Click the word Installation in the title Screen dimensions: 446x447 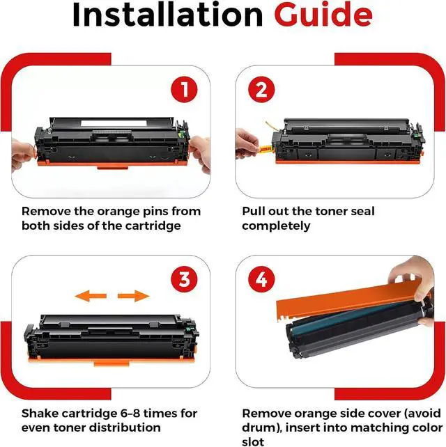tap(167, 15)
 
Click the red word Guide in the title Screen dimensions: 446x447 tap(323, 14)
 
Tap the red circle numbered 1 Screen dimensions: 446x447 tap(184, 90)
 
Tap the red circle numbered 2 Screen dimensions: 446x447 tap(261, 90)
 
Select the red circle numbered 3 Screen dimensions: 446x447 tap(184, 279)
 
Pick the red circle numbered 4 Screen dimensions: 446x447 tap(261, 279)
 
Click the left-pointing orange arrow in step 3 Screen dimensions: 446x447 tap(91, 296)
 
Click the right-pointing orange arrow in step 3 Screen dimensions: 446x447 tap(134, 296)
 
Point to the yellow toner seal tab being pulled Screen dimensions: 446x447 tap(265, 148)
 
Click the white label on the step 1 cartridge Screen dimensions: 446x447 tap(114, 123)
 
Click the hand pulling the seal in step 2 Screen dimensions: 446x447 tap(247, 143)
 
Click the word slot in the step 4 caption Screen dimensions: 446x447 tap(253, 441)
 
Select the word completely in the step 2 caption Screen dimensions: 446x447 tap(276, 226)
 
